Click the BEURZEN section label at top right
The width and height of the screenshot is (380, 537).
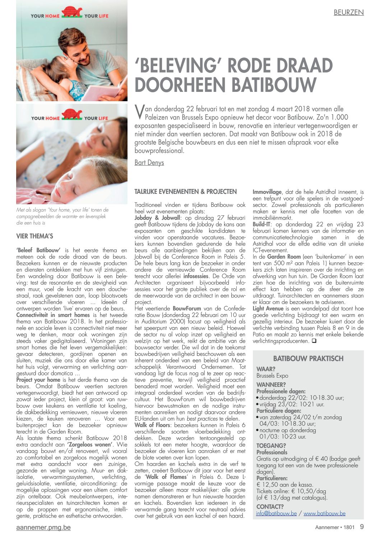coord(348,13)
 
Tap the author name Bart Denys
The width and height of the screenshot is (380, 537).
coord(149,163)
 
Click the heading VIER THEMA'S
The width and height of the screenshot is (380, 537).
coord(34,236)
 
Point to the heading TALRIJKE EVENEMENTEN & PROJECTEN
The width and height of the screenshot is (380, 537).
coord(185,192)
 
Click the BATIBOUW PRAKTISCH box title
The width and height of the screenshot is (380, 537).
coord(308,358)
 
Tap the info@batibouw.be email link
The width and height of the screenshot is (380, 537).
coord(276,513)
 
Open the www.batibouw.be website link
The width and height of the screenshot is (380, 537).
coord(324,513)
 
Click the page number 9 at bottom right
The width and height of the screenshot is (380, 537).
coord(361,527)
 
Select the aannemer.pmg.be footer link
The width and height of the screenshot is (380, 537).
coord(43,527)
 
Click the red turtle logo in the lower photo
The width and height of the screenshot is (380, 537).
coord(72,115)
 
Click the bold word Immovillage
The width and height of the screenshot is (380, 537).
coord(267,192)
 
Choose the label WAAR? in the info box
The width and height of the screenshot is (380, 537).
coord(266,369)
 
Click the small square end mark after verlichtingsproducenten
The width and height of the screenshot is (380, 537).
coord(314,341)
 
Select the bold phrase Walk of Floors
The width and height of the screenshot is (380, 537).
coord(152,425)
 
